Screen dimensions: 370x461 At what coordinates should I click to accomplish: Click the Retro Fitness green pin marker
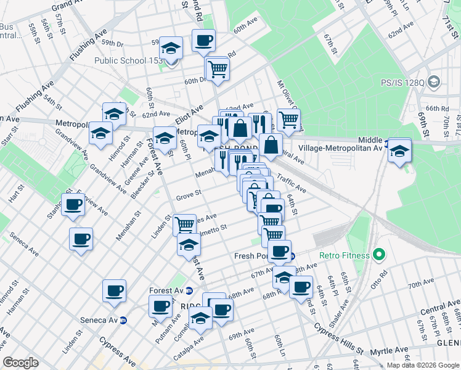pyautogui.click(x=379, y=254)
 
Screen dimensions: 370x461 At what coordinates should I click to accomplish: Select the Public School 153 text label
pyautogui.click(x=128, y=60)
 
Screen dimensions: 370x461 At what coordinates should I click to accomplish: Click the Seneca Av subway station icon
pyautogui.click(x=124, y=320)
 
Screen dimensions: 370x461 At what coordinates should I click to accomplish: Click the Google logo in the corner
pyautogui.click(x=20, y=363)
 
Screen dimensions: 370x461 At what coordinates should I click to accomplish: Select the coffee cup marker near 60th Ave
pyautogui.click(x=203, y=41)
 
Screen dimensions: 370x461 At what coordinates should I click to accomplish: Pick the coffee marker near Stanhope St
pyautogui.click(x=73, y=205)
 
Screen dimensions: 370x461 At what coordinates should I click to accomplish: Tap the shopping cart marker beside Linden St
pyautogui.click(x=184, y=224)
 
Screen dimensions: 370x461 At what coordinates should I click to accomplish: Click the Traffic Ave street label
pyautogui.click(x=291, y=182)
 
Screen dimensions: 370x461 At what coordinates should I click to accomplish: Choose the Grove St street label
pyautogui.click(x=189, y=195)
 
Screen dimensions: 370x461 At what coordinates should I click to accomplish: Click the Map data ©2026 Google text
pyautogui.click(x=423, y=365)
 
